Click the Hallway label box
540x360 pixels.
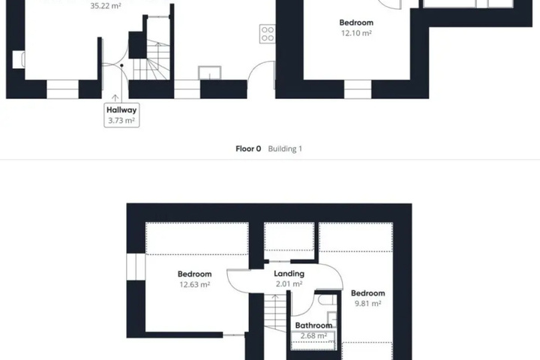(121, 115)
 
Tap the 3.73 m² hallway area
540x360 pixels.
(121, 121)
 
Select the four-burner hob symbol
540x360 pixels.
(267, 34)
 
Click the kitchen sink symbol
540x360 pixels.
(210, 73)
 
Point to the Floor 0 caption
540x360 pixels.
(248, 148)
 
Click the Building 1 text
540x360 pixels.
(285, 148)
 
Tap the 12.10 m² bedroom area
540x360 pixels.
(356, 33)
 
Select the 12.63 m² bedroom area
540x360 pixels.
(194, 284)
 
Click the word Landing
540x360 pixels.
(289, 274)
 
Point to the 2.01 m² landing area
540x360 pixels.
(289, 283)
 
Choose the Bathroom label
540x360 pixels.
(313, 325)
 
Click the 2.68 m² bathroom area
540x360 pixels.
(313, 335)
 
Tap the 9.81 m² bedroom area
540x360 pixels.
(367, 304)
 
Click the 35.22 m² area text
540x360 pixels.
(106, 6)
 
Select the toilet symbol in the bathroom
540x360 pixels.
(327, 300)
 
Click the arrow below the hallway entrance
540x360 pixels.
(115, 98)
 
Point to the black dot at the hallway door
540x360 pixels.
(121, 65)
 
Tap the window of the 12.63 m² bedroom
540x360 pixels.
(136, 267)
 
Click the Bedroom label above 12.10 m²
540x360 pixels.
(356, 22)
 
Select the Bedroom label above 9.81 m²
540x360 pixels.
(367, 293)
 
